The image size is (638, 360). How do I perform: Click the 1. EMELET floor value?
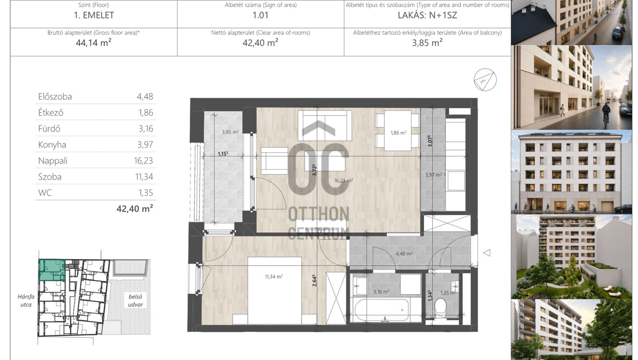coord(93,15)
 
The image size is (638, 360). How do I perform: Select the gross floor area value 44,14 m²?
coord(93,43)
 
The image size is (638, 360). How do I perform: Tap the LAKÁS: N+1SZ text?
coord(427,15)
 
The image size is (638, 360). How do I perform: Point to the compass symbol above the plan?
coord(485,80)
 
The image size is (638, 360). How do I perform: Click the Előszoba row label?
coord(55,97)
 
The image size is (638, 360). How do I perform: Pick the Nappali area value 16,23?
coord(144,161)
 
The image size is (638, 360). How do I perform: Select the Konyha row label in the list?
coord(52,145)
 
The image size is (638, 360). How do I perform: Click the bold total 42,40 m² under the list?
coord(135,209)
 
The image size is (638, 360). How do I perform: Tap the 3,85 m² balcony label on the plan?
coord(230,132)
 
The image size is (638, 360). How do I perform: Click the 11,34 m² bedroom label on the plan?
coord(273,277)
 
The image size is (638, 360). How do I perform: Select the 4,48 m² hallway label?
coord(404,254)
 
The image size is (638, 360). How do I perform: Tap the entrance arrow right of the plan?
coord(487,253)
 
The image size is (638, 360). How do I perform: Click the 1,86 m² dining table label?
coord(398,133)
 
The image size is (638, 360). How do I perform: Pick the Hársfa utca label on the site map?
coord(26,301)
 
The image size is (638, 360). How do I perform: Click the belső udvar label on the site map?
coord(135,301)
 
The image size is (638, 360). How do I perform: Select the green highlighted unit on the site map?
coord(52,269)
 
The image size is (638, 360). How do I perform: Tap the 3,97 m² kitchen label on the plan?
coord(434,175)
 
